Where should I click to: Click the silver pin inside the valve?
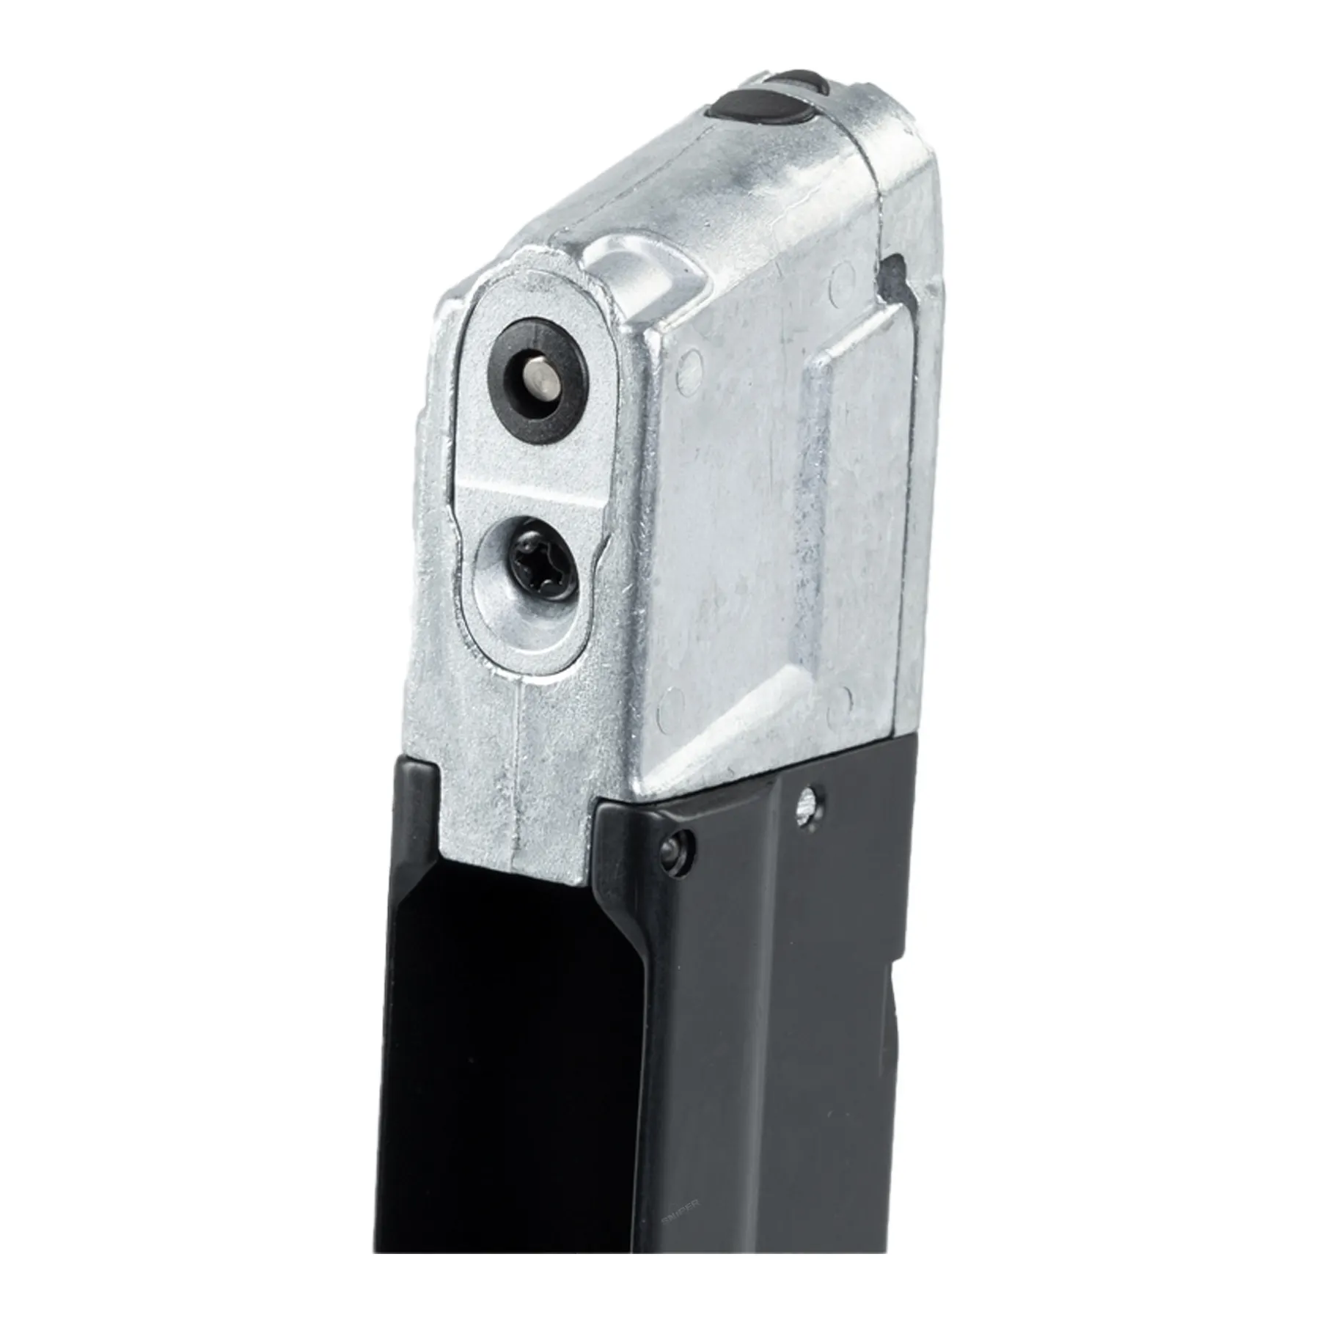tap(539, 381)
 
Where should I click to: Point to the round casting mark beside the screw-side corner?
tap(669, 708)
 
